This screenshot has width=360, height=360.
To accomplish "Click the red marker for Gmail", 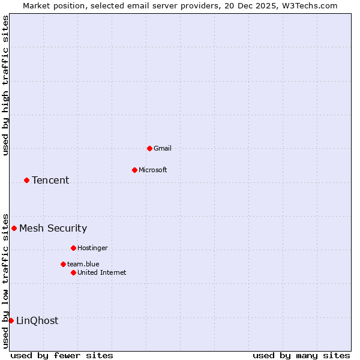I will pyautogui.click(x=149, y=148).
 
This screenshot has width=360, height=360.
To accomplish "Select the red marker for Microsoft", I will pyautogui.click(x=134, y=170).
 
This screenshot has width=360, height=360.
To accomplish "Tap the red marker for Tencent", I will pyautogui.click(x=26, y=180).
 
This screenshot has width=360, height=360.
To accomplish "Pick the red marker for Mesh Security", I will pyautogui.click(x=14, y=228).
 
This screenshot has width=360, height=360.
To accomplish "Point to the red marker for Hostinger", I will pyautogui.click(x=73, y=248).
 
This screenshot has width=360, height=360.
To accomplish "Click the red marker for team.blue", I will pyautogui.click(x=63, y=264).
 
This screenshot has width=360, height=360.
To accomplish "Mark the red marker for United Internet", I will pyautogui.click(x=73, y=272).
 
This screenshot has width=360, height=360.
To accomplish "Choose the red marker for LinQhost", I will pyautogui.click(x=11, y=320).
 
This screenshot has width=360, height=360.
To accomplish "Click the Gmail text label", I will pyautogui.click(x=163, y=148).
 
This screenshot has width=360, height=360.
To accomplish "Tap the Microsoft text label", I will pyautogui.click(x=153, y=170).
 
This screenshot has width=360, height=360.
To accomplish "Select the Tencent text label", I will pyautogui.click(x=50, y=180).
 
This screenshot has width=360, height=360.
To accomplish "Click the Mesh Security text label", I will pyautogui.click(x=53, y=228).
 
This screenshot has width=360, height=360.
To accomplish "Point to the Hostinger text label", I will pyautogui.click(x=92, y=248).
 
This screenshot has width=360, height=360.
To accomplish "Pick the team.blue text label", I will pyautogui.click(x=83, y=264).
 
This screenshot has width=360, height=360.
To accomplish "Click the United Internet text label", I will pyautogui.click(x=102, y=272).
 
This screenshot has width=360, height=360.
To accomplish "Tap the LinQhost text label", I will pyautogui.click(x=37, y=320).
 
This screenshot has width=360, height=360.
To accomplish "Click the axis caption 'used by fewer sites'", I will pyautogui.click(x=62, y=355).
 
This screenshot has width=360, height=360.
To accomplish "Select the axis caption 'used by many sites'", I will pyautogui.click(x=301, y=355).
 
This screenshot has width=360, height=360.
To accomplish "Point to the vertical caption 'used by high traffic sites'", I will pyautogui.click(x=5, y=85).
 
